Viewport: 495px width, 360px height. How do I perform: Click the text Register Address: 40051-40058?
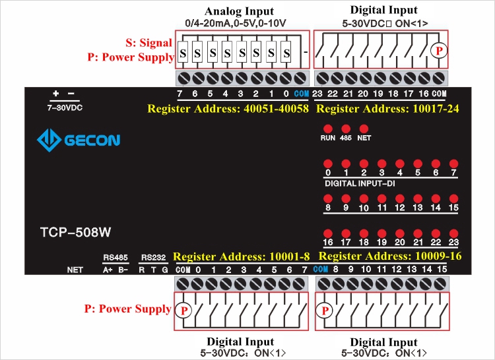click(228, 108)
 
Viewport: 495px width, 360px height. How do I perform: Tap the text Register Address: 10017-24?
click(389, 108)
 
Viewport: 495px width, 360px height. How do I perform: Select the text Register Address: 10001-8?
click(241, 256)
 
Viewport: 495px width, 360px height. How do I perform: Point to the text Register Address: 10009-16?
click(389, 256)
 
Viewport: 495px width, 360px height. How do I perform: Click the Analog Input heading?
click(238, 11)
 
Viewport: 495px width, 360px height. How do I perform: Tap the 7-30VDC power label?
click(65, 106)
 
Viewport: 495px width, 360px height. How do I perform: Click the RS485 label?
click(114, 257)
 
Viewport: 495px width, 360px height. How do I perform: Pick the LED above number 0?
click(327, 163)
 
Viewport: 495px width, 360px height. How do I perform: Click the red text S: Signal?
click(148, 43)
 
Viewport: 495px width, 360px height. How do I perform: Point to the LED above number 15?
click(453, 198)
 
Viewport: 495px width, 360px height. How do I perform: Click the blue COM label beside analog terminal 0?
click(302, 93)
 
